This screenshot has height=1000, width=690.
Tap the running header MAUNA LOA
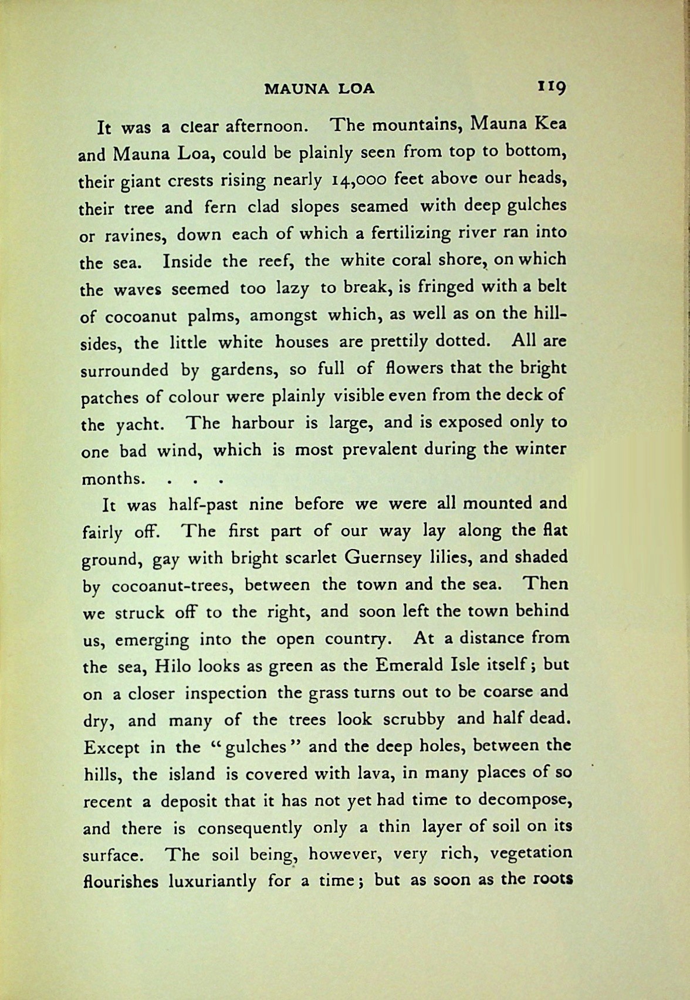319,89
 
